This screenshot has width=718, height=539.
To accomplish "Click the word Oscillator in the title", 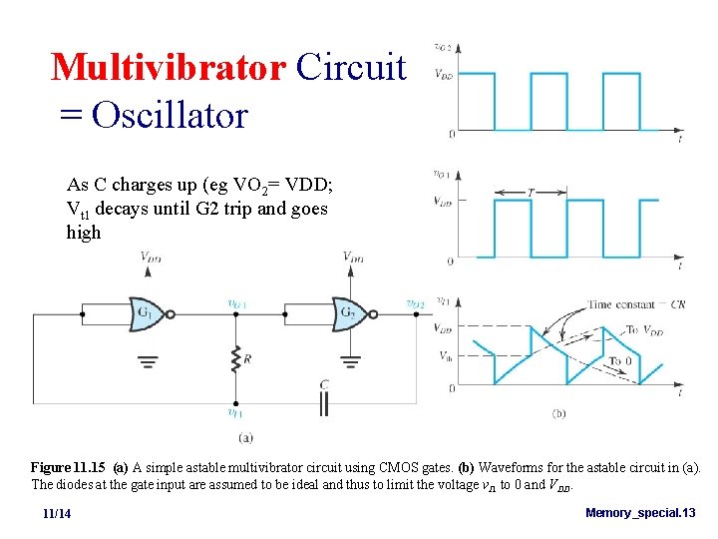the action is point(169,115).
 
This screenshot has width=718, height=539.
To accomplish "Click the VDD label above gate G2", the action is point(352,257).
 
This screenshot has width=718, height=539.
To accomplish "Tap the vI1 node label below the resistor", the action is point(234,412).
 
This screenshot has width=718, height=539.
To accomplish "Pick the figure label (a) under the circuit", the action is point(244,436).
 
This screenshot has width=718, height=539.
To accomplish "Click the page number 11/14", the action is point(57,513).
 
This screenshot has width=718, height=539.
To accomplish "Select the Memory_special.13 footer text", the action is point(640,512).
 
